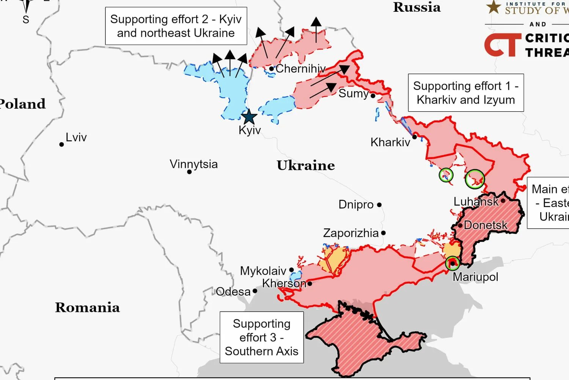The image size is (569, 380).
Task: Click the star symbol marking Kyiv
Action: [x=249, y=117]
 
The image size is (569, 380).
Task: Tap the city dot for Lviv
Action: [x=61, y=144]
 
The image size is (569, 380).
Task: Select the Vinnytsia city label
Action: [x=193, y=164]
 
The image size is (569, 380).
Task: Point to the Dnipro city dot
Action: [x=379, y=205]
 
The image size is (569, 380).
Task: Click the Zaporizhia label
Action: [x=351, y=233]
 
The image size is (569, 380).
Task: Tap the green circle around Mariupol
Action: [x=452, y=263]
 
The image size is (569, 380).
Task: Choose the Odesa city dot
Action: [x=255, y=291]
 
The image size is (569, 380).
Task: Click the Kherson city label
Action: [x=284, y=283]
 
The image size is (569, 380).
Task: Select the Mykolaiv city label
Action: [x=263, y=271]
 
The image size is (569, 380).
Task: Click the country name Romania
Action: [x=87, y=307]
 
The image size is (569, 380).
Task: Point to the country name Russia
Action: [x=417, y=7]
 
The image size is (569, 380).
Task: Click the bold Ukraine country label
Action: [x=305, y=165]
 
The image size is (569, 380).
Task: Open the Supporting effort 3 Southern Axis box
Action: [x=262, y=337]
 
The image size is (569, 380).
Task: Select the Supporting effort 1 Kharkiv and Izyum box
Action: [x=465, y=93]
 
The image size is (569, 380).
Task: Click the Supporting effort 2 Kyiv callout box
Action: [x=176, y=26]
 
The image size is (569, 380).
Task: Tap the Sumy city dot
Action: [x=373, y=96]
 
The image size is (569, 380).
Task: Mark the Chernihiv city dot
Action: [x=272, y=69]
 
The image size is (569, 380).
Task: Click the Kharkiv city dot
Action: [x=415, y=137]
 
